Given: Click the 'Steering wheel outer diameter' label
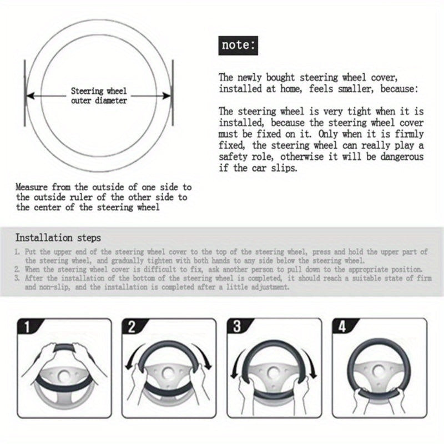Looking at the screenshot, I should [99, 95].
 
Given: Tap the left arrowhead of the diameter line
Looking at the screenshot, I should [31, 95].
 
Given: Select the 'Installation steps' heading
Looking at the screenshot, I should [58, 238].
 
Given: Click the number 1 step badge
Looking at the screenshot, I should [24, 326].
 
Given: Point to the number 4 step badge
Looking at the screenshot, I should [341, 326].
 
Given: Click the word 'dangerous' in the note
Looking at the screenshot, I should [405, 157].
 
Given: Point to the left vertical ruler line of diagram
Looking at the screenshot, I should [24, 94].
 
